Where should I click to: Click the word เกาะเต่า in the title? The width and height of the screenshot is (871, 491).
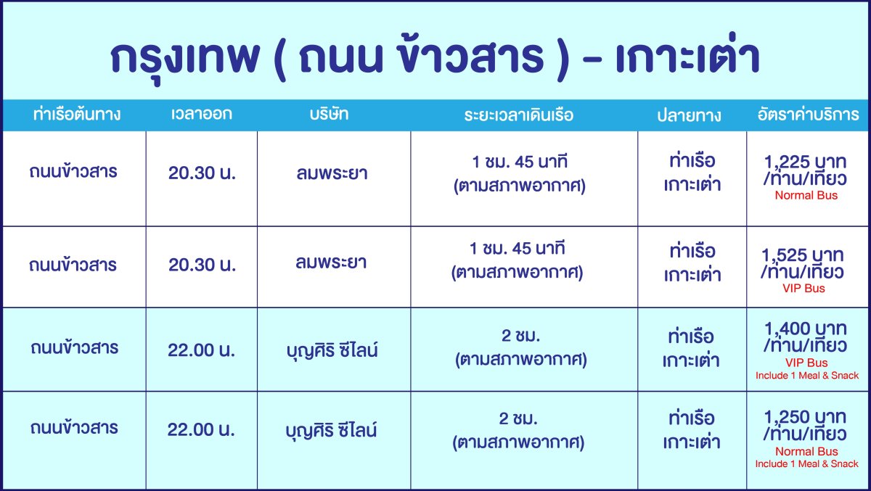click(x=688, y=54)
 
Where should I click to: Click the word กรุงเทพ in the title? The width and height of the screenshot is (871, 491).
click(x=185, y=57)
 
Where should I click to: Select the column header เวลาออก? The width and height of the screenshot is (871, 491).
click(x=202, y=114)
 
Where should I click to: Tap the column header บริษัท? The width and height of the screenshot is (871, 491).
click(x=329, y=114)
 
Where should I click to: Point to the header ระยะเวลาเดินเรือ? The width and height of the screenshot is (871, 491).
click(x=519, y=115)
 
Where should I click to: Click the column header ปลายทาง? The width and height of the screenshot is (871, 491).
click(x=689, y=115)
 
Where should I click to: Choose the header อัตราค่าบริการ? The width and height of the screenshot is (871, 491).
click(x=808, y=114)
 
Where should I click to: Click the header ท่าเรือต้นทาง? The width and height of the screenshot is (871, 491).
click(x=77, y=114)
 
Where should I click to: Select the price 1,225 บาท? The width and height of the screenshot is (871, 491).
click(x=805, y=162)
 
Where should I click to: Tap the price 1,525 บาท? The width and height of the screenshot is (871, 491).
click(x=803, y=255)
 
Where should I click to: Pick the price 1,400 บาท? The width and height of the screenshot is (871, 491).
click(x=805, y=329)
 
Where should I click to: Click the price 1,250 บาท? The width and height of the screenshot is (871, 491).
click(x=805, y=417)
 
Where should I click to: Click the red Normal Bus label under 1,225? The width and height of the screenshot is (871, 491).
click(x=806, y=195)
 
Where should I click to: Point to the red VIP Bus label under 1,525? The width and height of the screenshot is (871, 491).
click(x=803, y=288)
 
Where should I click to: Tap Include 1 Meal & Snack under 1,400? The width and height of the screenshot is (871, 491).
click(x=807, y=375)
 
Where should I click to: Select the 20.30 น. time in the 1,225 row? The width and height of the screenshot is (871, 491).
click(x=203, y=173)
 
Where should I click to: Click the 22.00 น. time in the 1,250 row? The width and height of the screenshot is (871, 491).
click(x=201, y=429)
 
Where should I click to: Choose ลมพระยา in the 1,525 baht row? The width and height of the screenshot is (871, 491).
click(x=331, y=263)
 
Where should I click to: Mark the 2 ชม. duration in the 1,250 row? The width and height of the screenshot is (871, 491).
click(x=518, y=418)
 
